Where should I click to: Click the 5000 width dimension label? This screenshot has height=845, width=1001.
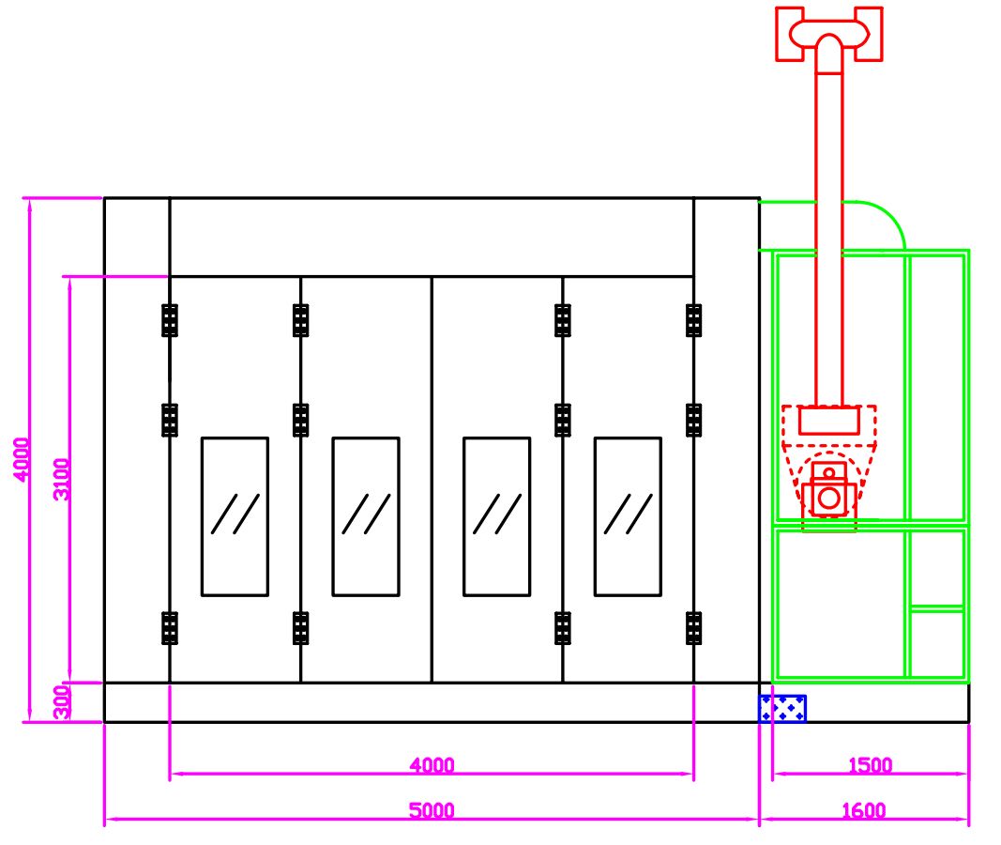pyautogui.click(x=432, y=810)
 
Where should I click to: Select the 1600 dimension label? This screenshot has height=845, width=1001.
pyautogui.click(x=864, y=810)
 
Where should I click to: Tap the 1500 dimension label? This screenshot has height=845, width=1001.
pyautogui.click(x=870, y=764)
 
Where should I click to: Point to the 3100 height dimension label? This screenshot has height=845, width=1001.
pyautogui.click(x=62, y=479)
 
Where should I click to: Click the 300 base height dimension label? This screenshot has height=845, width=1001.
pyautogui.click(x=61, y=702)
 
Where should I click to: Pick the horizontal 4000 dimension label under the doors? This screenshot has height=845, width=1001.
pyautogui.click(x=432, y=764)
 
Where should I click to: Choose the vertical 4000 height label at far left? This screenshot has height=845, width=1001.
pyautogui.click(x=21, y=460)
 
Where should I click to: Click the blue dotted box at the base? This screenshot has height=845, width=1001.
pyautogui.click(x=782, y=709)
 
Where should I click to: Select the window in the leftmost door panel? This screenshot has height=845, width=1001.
pyautogui.click(x=235, y=516)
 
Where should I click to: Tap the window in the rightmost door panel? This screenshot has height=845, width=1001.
pyautogui.click(x=628, y=516)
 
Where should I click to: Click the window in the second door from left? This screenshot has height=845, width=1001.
pyautogui.click(x=366, y=516)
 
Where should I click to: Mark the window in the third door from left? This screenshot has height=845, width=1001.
pyautogui.click(x=496, y=516)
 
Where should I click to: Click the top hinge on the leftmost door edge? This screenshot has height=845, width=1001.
pyautogui.click(x=170, y=320)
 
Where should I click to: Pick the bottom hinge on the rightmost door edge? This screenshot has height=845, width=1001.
pyautogui.click(x=694, y=628)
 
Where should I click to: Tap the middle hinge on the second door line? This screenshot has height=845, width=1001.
pyautogui.click(x=301, y=421)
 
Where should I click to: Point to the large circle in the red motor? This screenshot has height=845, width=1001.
pyautogui.click(x=829, y=498)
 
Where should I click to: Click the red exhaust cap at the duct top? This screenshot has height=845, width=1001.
pyautogui.click(x=829, y=34)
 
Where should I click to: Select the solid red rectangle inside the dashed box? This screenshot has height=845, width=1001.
pyautogui.click(x=828, y=421)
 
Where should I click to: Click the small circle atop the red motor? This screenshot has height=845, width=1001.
pyautogui.click(x=828, y=472)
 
